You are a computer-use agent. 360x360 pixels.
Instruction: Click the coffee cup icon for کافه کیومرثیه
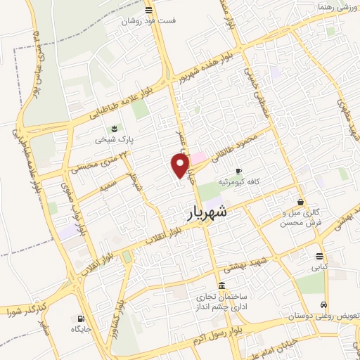238,171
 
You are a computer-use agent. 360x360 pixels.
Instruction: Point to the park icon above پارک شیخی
112,127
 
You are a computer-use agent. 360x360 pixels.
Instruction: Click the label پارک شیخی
112,139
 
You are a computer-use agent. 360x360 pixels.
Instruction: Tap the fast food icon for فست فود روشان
148,10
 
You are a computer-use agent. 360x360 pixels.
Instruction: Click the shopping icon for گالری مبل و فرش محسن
300,201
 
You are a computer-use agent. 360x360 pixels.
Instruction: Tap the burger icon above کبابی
320,256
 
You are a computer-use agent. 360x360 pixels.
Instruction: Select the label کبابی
320,268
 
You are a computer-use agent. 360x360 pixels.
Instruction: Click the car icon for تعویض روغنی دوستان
323,305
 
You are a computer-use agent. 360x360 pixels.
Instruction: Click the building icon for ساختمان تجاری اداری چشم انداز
222,285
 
